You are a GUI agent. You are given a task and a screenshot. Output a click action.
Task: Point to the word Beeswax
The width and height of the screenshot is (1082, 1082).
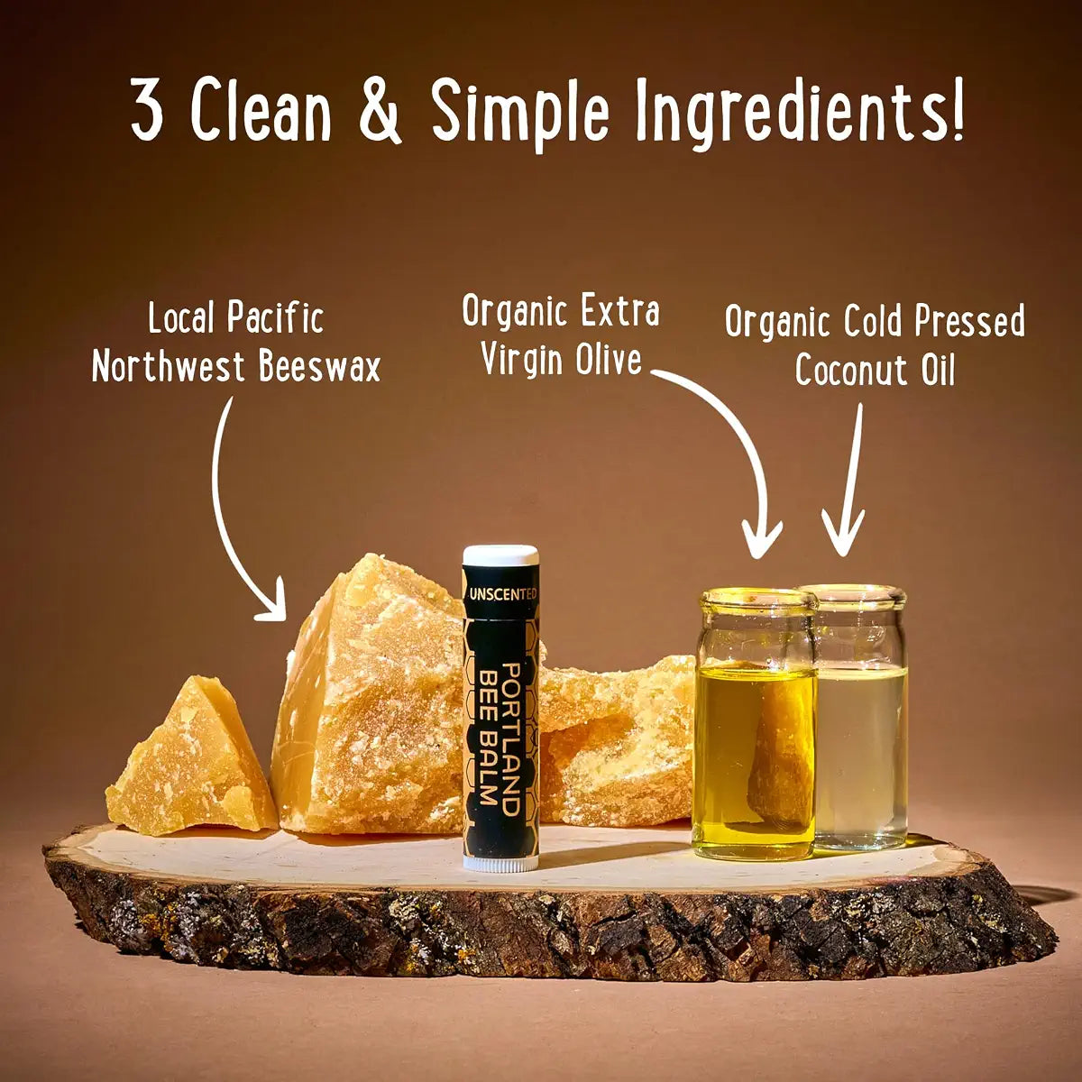319,367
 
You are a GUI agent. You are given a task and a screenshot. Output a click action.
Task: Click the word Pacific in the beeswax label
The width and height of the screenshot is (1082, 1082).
275,317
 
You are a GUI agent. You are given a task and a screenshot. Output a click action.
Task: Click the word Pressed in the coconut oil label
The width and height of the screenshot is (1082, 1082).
969,322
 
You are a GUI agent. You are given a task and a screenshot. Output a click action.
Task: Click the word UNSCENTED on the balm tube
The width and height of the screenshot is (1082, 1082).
502,594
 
